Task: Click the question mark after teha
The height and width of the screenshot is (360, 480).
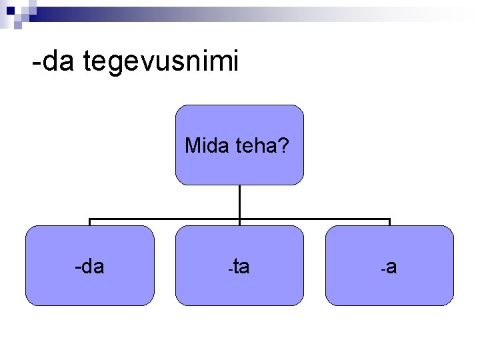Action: [x=284, y=145]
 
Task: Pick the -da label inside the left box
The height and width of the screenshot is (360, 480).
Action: [x=89, y=267]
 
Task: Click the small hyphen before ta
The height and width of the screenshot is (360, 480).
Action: [x=229, y=270]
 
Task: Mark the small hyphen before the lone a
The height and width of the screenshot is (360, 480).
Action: [x=383, y=270]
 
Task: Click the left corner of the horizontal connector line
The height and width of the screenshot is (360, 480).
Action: [x=90, y=219]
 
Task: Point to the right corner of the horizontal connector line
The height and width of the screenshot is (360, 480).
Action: [x=389, y=219]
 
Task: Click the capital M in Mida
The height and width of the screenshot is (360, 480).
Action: [x=193, y=145]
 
